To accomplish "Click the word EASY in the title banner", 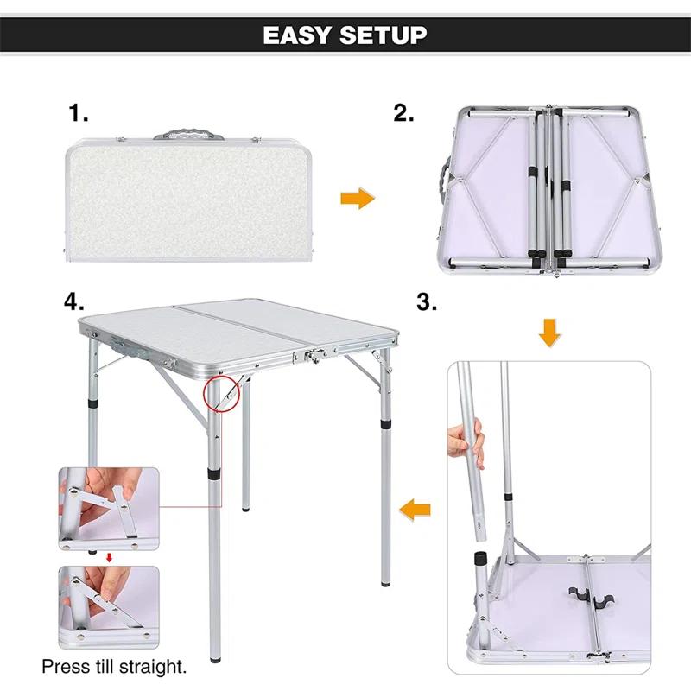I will (x=295, y=35).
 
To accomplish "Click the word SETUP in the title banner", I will (x=382, y=35).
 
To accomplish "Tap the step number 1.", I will (x=79, y=113).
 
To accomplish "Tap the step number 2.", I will (x=404, y=113).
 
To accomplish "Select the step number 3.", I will (x=427, y=302).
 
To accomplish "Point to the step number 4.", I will (x=74, y=302).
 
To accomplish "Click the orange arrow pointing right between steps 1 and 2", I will (x=358, y=200).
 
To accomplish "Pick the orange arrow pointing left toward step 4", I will (x=417, y=511).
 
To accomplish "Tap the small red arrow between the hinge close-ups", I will (x=109, y=558).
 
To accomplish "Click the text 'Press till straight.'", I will (x=114, y=667).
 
